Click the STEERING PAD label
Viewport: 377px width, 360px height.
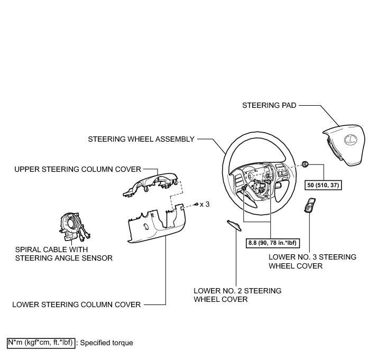click(x=269, y=105)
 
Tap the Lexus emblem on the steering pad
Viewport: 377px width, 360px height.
click(x=349, y=140)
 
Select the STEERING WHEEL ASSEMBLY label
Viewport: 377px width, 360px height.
click(x=142, y=139)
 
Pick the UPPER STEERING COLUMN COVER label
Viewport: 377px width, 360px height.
click(x=78, y=169)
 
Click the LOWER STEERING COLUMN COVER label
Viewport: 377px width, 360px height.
click(x=77, y=304)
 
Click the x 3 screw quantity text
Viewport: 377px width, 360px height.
click(x=205, y=204)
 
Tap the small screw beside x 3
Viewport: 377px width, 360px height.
click(x=197, y=204)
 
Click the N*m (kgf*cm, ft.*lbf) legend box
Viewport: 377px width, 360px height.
click(x=41, y=343)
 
